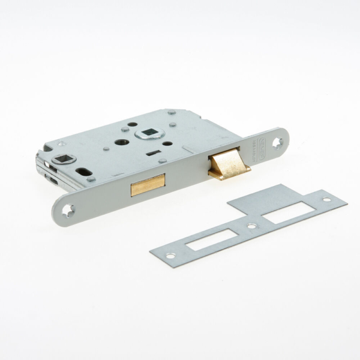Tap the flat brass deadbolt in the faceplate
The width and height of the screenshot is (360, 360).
click(147, 185)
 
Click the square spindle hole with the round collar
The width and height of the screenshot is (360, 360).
click(148, 133)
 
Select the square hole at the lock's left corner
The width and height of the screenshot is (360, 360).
click(63, 159)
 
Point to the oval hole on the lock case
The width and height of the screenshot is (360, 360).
click(86, 172)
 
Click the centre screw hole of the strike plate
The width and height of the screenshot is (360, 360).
click(251, 227)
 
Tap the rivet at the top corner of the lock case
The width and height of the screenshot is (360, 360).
click(171, 112)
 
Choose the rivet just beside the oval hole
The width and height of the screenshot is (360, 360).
click(91, 179)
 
